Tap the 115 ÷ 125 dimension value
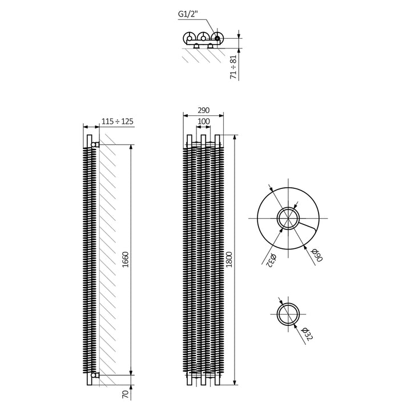(117, 121)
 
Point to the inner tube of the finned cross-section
(288, 218)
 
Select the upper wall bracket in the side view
(95, 144)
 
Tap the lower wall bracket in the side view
(95, 375)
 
